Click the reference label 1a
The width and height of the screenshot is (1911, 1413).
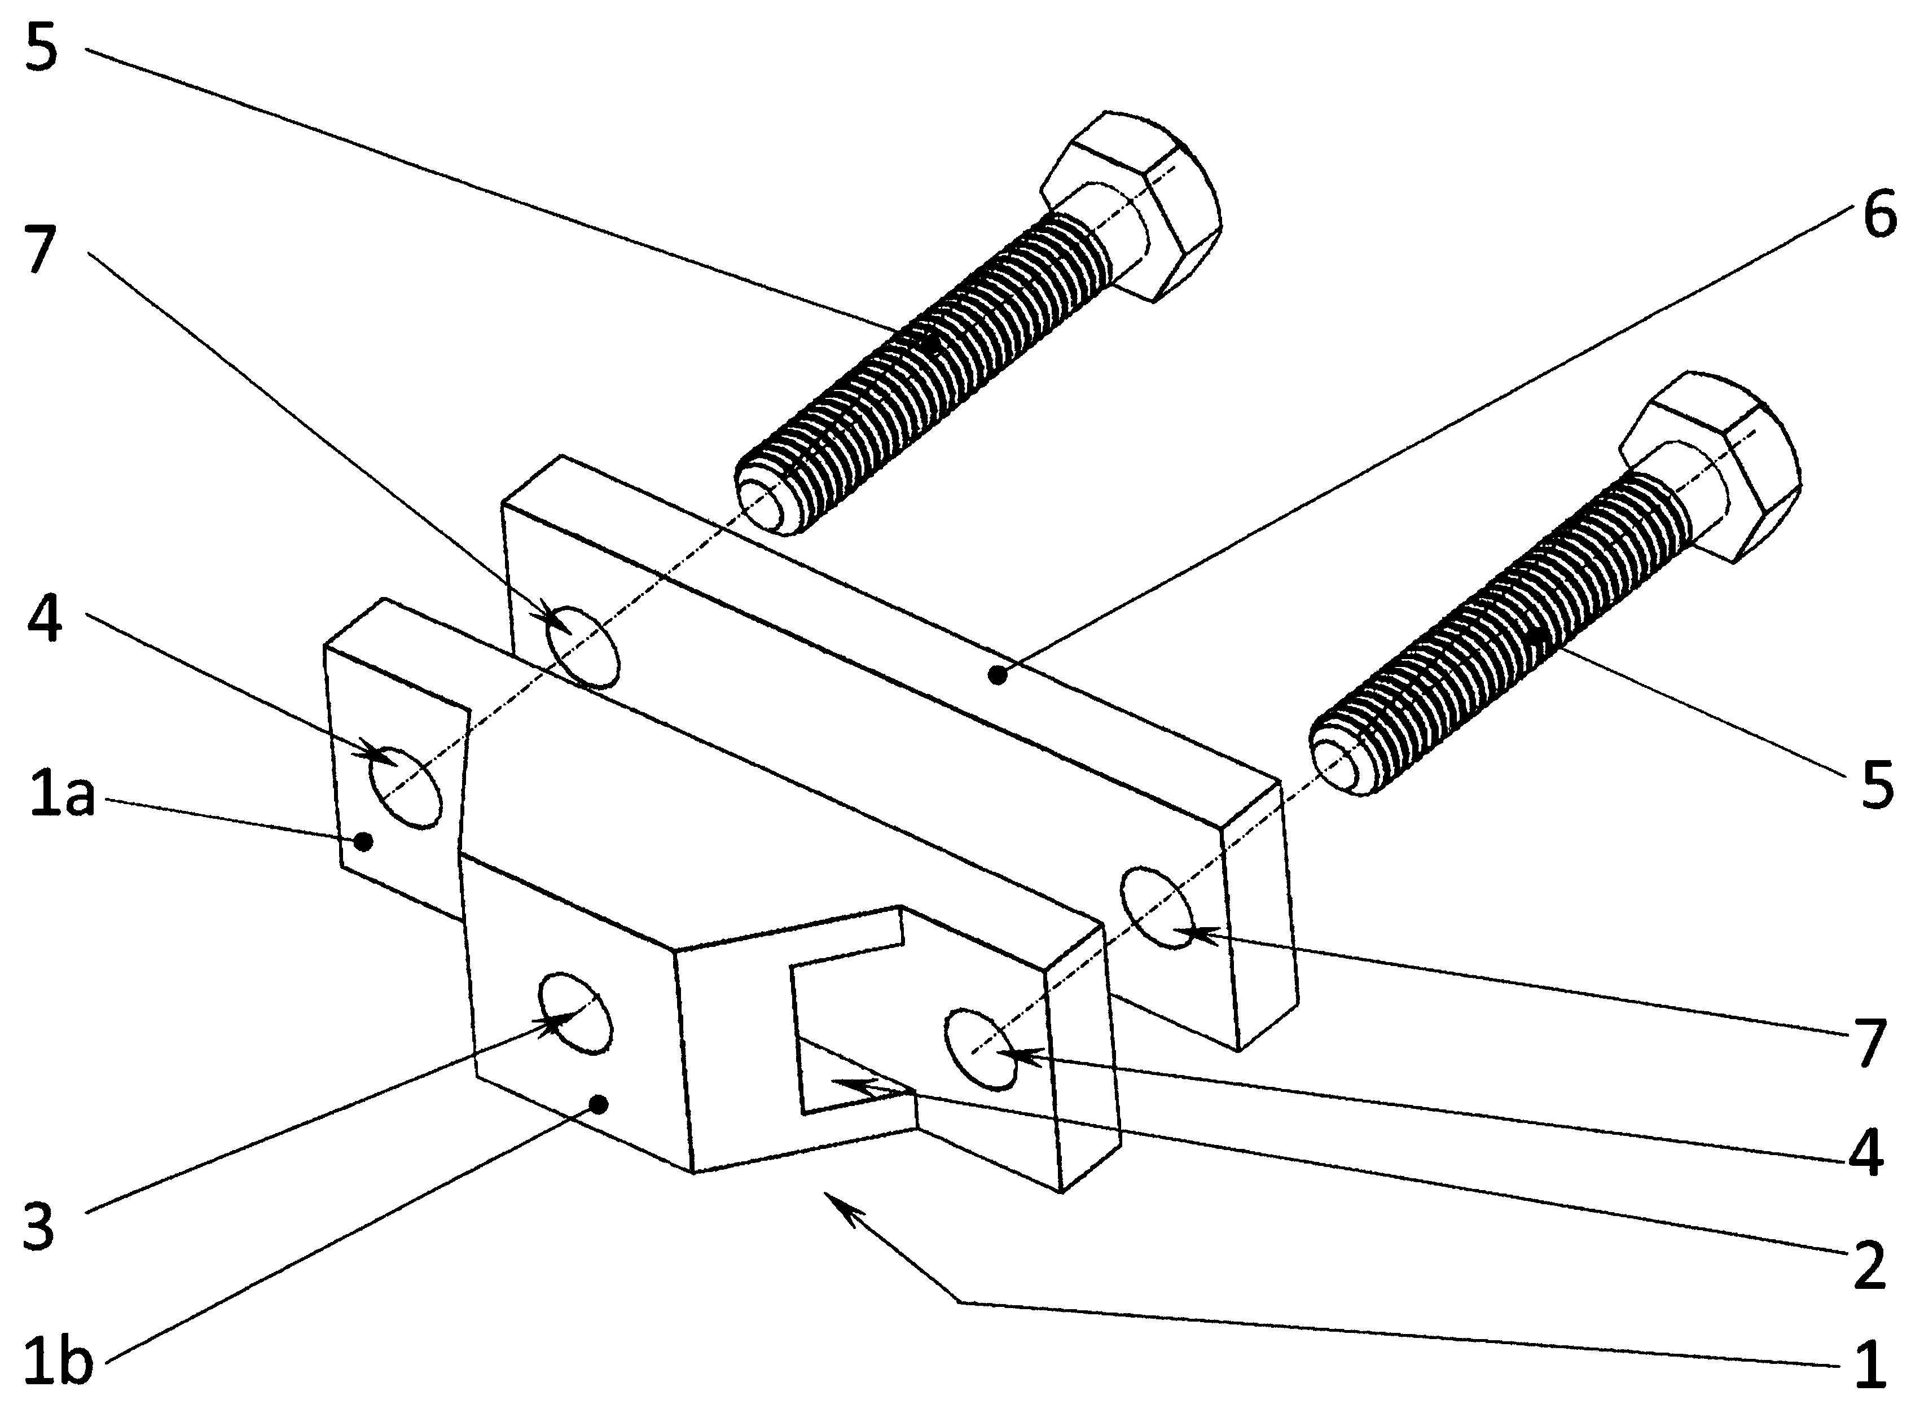(x=61, y=798)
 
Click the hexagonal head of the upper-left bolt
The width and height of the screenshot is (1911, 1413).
(x=1130, y=205)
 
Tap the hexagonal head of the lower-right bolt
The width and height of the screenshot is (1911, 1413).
(x=1708, y=466)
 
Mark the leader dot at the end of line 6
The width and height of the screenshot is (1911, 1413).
(x=995, y=675)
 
